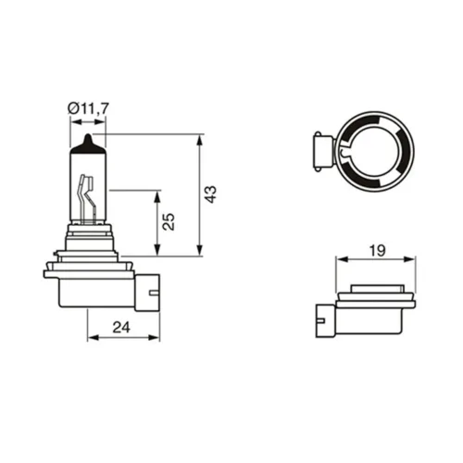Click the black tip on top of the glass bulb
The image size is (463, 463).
86,141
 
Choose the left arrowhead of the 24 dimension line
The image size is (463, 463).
91,337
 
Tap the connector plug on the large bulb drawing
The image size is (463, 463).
147,291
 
